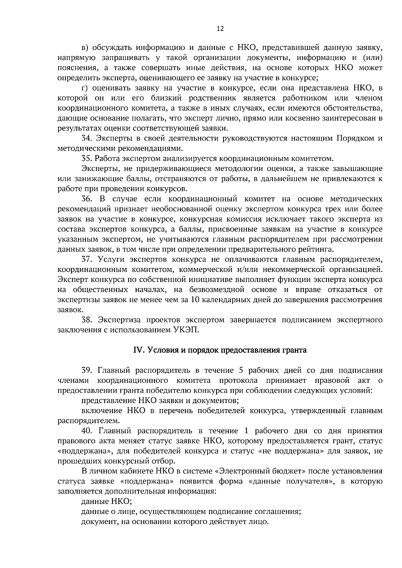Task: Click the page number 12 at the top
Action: (220, 29)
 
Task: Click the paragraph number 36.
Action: (87, 199)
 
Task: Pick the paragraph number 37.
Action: (87, 259)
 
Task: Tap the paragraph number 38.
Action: (87, 320)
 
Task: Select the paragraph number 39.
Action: (87, 371)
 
